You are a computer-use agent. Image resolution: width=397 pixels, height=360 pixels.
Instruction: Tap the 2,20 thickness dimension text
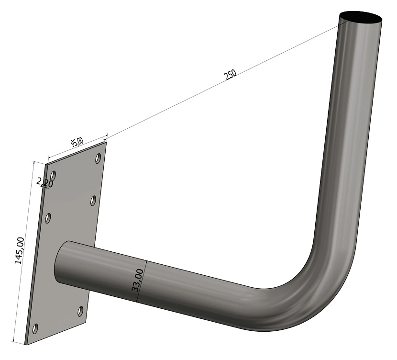point(44,182)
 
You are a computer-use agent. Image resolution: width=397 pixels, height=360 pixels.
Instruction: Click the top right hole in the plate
point(98,157)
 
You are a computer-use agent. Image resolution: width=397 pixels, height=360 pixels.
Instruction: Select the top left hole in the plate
point(53,175)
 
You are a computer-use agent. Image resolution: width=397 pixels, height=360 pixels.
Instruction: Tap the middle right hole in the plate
point(93,200)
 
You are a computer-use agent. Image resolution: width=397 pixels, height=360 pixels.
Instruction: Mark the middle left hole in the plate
point(48,218)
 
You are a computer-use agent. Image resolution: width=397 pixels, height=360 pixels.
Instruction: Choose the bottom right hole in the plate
point(80,312)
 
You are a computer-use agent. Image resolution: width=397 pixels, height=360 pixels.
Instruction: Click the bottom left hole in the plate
point(34,329)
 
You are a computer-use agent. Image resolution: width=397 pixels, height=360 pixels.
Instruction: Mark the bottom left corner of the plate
point(26,344)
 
